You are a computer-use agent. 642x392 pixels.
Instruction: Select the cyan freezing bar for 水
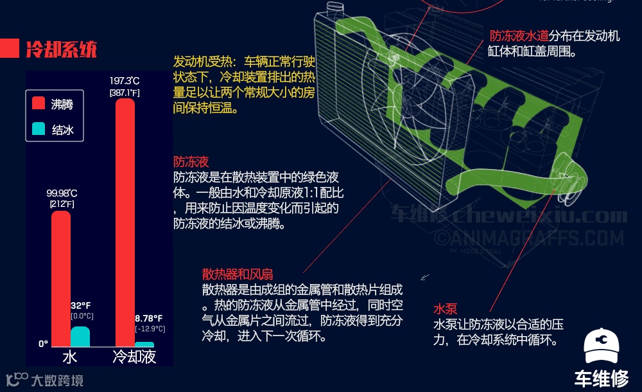click(80, 337)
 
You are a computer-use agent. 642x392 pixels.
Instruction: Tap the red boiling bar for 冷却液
click(125, 222)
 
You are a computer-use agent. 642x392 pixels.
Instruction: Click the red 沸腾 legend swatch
click(39, 103)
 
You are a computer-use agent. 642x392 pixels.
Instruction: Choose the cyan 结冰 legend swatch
click(39, 130)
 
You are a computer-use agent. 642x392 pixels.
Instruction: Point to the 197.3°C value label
click(125, 81)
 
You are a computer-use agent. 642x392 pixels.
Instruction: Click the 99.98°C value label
click(62, 193)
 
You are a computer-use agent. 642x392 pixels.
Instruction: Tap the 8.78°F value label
click(149, 318)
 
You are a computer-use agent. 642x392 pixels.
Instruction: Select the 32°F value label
click(80, 305)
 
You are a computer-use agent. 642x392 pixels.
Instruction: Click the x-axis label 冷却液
click(134, 357)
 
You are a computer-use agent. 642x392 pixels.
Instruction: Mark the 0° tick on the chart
click(43, 344)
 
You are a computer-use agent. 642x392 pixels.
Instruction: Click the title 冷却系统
click(61, 49)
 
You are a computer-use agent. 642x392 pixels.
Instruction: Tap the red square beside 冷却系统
click(9, 48)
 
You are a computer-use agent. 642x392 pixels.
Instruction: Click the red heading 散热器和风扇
click(237, 275)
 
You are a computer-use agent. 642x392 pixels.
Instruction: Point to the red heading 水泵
click(445, 309)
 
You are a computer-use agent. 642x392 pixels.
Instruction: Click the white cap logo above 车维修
click(602, 348)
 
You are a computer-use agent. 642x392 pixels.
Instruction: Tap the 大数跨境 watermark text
click(57, 380)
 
